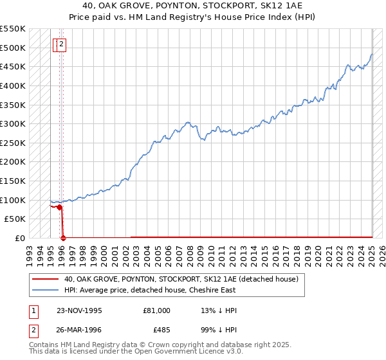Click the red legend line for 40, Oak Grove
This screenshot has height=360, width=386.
point(45,280)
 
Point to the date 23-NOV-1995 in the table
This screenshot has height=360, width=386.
point(79,310)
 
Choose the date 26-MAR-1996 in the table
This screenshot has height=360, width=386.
point(79,332)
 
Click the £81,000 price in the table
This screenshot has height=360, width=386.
point(157,310)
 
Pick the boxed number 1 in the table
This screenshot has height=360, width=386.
point(33,310)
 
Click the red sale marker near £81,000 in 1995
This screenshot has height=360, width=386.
point(59,207)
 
